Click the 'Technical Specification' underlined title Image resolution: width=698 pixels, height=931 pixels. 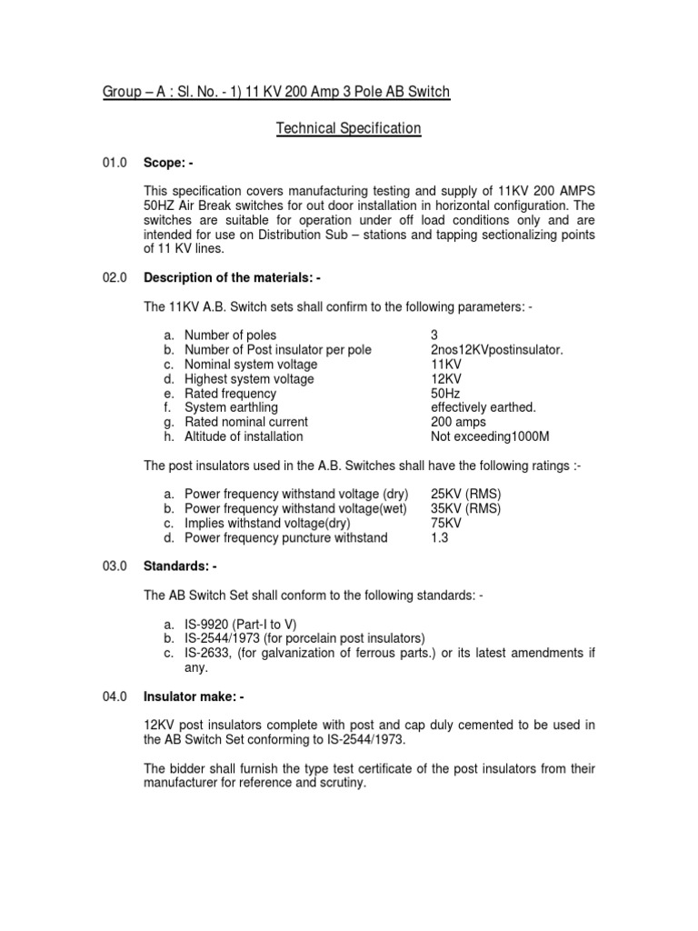(348, 129)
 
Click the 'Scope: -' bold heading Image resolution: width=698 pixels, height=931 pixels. (168, 163)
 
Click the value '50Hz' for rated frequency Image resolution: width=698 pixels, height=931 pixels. (446, 394)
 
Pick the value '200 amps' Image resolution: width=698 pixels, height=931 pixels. (458, 422)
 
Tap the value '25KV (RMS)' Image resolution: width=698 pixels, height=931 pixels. (465, 494)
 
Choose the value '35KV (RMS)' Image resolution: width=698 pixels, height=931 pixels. (465, 508)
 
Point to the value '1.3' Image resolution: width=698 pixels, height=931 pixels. (439, 537)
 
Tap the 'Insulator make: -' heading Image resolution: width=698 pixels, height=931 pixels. (194, 696)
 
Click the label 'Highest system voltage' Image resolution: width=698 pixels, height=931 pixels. (249, 379)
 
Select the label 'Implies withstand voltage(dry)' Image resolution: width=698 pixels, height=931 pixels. (270, 523)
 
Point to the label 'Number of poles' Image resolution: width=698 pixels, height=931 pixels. (230, 335)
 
